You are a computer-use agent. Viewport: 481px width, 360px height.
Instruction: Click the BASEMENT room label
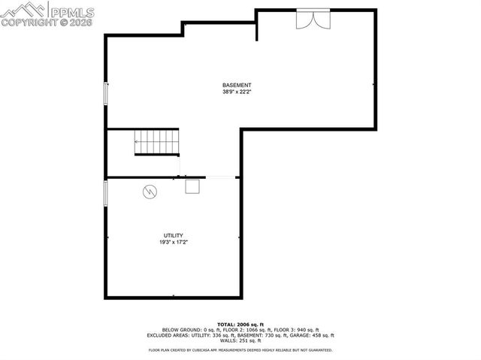click(237, 85)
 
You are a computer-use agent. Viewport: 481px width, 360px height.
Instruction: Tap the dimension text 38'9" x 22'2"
click(237, 92)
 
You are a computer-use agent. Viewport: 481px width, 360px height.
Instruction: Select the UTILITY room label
click(173, 235)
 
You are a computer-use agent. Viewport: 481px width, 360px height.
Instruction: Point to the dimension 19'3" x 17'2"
click(173, 243)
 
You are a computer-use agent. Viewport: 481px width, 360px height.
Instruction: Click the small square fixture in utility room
click(193, 187)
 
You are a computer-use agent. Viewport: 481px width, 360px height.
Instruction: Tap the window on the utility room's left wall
click(106, 192)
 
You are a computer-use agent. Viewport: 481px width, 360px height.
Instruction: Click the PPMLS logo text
click(72, 10)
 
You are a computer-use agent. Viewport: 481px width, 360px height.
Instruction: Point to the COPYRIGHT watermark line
click(48, 23)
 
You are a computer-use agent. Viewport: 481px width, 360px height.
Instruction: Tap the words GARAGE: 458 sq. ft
click(313, 335)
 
